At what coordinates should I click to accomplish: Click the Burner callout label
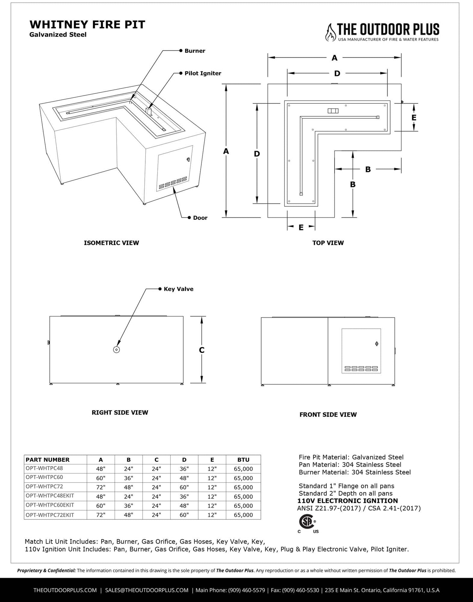tap(195, 51)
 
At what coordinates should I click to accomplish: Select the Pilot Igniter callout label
tap(203, 73)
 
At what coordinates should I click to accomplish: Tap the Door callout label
tap(200, 218)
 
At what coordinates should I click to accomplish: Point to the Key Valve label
tap(178, 289)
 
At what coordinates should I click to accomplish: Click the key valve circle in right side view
tap(116, 349)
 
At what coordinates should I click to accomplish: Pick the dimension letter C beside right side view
tap(202, 350)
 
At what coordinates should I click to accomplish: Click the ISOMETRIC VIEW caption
tap(111, 243)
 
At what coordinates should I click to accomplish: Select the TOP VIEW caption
tap(328, 243)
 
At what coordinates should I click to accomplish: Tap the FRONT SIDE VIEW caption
tap(328, 414)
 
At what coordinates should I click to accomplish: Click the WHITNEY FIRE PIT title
tap(87, 25)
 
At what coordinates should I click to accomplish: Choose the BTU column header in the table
tap(243, 460)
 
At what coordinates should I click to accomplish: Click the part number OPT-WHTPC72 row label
tap(44, 487)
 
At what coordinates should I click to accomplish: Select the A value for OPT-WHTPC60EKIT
tap(100, 505)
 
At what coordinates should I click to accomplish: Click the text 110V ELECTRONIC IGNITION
tap(347, 501)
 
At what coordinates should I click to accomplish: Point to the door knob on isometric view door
tap(188, 160)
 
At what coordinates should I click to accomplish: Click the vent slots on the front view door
tap(361, 368)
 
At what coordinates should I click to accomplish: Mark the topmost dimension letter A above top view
tap(334, 58)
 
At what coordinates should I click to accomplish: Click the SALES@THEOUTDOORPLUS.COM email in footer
tap(147, 590)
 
